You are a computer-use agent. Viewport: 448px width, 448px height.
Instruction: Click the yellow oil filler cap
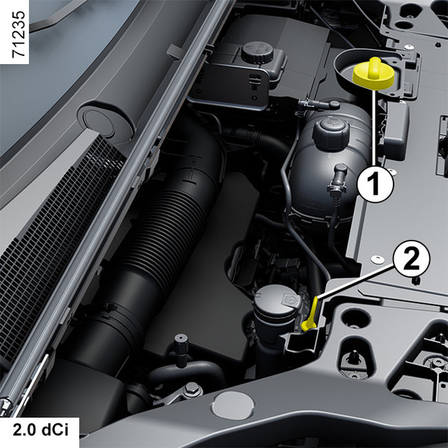click(373, 74)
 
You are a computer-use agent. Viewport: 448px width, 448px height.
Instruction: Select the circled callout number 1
click(375, 184)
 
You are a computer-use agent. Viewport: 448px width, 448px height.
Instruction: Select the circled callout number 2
click(411, 259)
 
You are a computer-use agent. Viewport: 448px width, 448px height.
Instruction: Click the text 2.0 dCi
click(40, 430)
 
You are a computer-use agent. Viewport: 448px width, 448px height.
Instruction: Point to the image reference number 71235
click(18, 34)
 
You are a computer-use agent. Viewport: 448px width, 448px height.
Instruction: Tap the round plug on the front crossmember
click(233, 405)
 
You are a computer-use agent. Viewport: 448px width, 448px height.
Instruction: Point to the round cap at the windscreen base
click(106, 122)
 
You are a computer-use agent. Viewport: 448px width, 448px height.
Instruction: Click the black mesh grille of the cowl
click(57, 243)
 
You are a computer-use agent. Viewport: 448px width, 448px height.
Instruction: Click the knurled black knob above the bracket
click(181, 350)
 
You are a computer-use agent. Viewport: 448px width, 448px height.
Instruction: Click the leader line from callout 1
click(374, 128)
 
